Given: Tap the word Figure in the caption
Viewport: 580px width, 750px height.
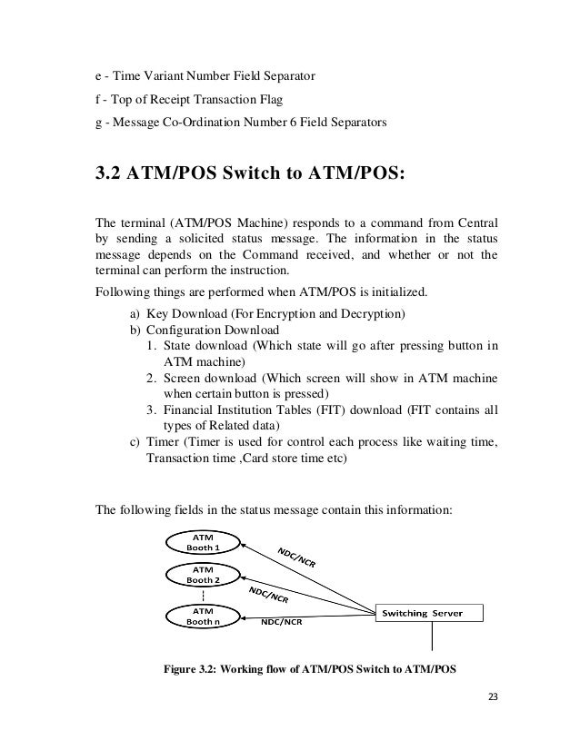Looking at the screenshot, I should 181,671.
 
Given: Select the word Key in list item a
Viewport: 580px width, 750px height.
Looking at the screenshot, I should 157,313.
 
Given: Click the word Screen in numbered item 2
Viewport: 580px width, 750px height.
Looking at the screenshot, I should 182,379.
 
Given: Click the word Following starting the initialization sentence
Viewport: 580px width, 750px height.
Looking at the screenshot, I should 124,292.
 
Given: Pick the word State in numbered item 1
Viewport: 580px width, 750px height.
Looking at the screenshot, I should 178,346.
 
